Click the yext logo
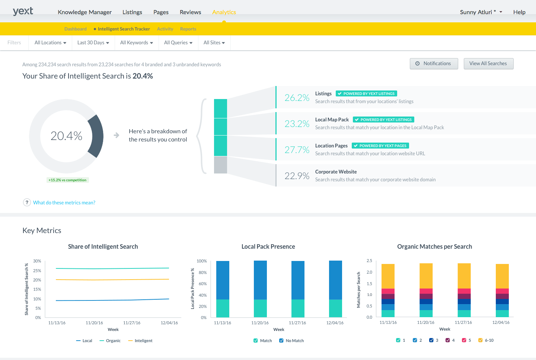point(23,11)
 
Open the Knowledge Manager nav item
point(84,12)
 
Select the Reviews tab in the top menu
point(190,12)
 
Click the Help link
point(519,12)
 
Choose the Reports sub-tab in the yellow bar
point(188,29)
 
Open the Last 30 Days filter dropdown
point(93,43)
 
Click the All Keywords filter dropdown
point(136,43)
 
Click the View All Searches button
point(488,64)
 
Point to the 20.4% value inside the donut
point(66,136)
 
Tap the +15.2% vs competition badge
point(67,180)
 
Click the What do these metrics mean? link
point(64,203)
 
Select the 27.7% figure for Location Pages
point(297,150)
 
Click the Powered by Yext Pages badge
point(380,146)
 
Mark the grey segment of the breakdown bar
point(220,165)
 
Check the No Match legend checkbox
point(281,341)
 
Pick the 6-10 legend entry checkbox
point(480,340)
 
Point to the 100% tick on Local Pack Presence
point(202,261)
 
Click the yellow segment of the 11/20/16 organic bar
point(426,276)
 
